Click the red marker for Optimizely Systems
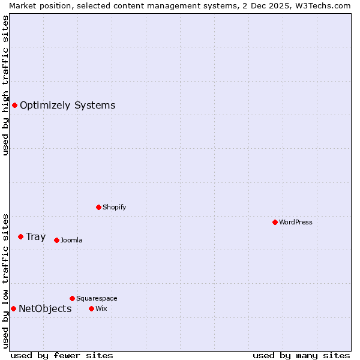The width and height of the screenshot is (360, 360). pyautogui.click(x=14, y=106)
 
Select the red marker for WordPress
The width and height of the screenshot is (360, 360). pyautogui.click(x=275, y=222)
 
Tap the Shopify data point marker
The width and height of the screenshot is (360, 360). pyautogui.click(x=98, y=207)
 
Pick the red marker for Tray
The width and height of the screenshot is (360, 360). pyautogui.click(x=20, y=237)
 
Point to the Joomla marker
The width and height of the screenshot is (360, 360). pyautogui.click(x=56, y=240)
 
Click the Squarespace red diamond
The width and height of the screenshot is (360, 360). pyautogui.click(x=72, y=298)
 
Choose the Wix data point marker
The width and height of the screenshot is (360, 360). pyautogui.click(x=91, y=308)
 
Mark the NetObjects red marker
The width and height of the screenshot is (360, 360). pyautogui.click(x=13, y=309)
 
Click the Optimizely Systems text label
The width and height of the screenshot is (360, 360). pyautogui.click(x=67, y=106)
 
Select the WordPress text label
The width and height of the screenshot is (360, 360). pyautogui.click(x=296, y=222)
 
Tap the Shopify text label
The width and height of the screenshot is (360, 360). pyautogui.click(x=114, y=207)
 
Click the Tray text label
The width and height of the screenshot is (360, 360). pyautogui.click(x=35, y=237)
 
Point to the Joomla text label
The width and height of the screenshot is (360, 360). pyautogui.click(x=71, y=240)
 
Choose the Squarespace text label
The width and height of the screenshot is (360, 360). pyautogui.click(x=97, y=298)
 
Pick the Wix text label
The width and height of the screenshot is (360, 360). pyautogui.click(x=101, y=308)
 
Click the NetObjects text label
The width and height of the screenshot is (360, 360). pyautogui.click(x=45, y=309)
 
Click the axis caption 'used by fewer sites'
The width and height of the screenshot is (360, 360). pyautogui.click(x=62, y=355)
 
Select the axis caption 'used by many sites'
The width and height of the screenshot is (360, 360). pyautogui.click(x=301, y=355)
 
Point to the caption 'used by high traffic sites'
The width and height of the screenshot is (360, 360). pyautogui.click(x=5, y=85)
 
